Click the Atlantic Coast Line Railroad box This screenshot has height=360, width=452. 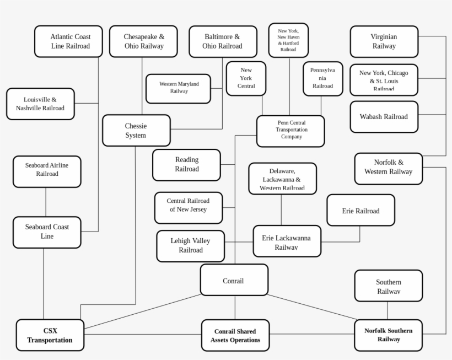pyautogui.click(x=69, y=41)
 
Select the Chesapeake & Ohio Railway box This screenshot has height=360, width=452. pyautogui.click(x=143, y=41)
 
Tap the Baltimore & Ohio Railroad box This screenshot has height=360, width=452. pyautogui.click(x=223, y=41)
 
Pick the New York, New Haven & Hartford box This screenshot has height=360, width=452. pyautogui.click(x=288, y=40)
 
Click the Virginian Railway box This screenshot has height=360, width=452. pyautogui.click(x=384, y=41)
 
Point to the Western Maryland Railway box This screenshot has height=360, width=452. pyautogui.click(x=178, y=88)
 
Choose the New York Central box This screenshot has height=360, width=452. pyautogui.click(x=246, y=78)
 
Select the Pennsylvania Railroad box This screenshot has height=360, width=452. pyautogui.click(x=322, y=78)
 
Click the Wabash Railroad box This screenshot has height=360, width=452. pyautogui.click(x=384, y=117)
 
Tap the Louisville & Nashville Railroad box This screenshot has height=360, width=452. pyautogui.click(x=40, y=104)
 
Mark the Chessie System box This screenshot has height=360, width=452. pyautogui.click(x=136, y=131)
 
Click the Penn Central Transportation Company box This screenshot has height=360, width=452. pyautogui.click(x=290, y=131)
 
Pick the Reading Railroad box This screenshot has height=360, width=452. pyautogui.click(x=186, y=165)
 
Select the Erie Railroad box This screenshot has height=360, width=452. pyautogui.click(x=360, y=210)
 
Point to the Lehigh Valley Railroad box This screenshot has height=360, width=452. pyautogui.click(x=191, y=246)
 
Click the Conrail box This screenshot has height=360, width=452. pyautogui.click(x=234, y=280)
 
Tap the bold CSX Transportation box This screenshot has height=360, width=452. pyautogui.click(x=50, y=335)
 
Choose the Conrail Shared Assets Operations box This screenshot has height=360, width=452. pyautogui.click(x=235, y=335)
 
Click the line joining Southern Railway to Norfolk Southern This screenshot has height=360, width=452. pyautogui.click(x=388, y=310)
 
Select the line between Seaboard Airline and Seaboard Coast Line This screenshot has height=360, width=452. pyautogui.click(x=46, y=202)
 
